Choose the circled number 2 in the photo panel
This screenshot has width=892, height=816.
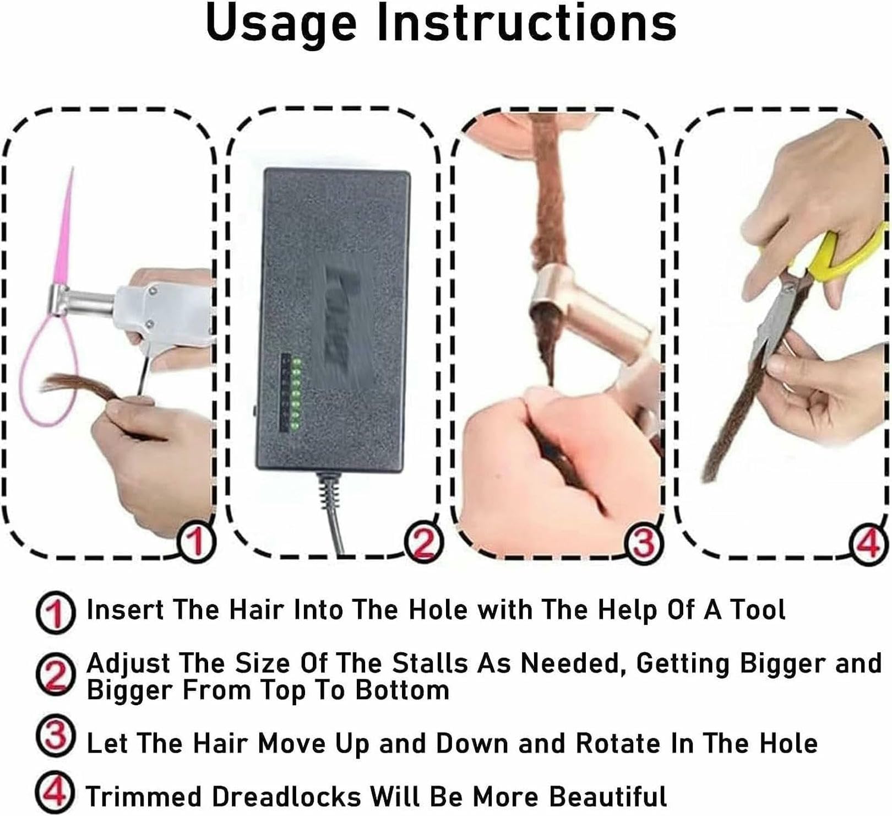pyautogui.click(x=423, y=542)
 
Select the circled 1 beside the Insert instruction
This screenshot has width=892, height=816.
pyautogui.click(x=56, y=612)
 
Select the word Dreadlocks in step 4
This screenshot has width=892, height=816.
pyautogui.click(x=286, y=796)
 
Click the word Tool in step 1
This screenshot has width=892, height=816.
pyautogui.click(x=758, y=609)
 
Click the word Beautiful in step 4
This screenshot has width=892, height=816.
pyautogui.click(x=608, y=796)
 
